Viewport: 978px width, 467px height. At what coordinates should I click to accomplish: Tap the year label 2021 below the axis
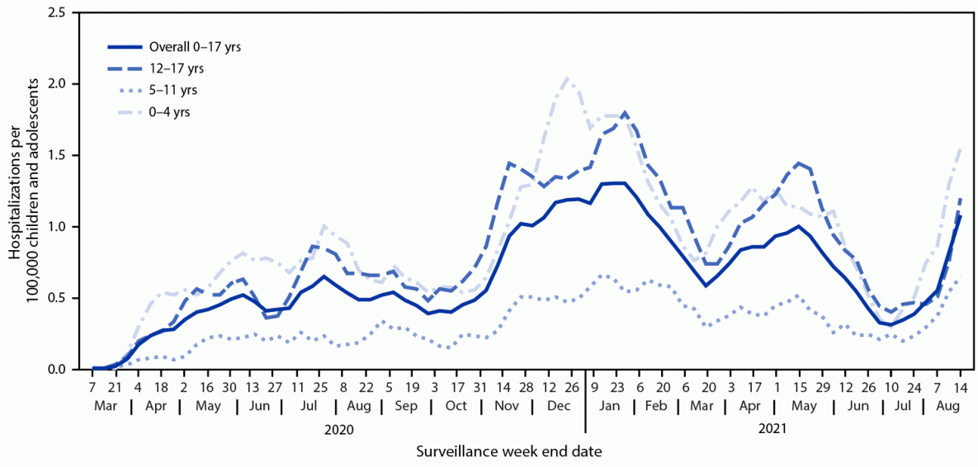(x=773, y=429)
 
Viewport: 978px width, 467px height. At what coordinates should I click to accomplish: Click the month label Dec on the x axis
(x=559, y=408)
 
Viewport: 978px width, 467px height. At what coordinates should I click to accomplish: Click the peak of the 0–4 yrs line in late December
(x=567, y=78)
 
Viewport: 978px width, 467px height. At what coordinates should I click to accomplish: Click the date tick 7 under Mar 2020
(x=93, y=386)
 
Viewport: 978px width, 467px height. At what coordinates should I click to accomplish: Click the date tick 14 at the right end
(x=961, y=386)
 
